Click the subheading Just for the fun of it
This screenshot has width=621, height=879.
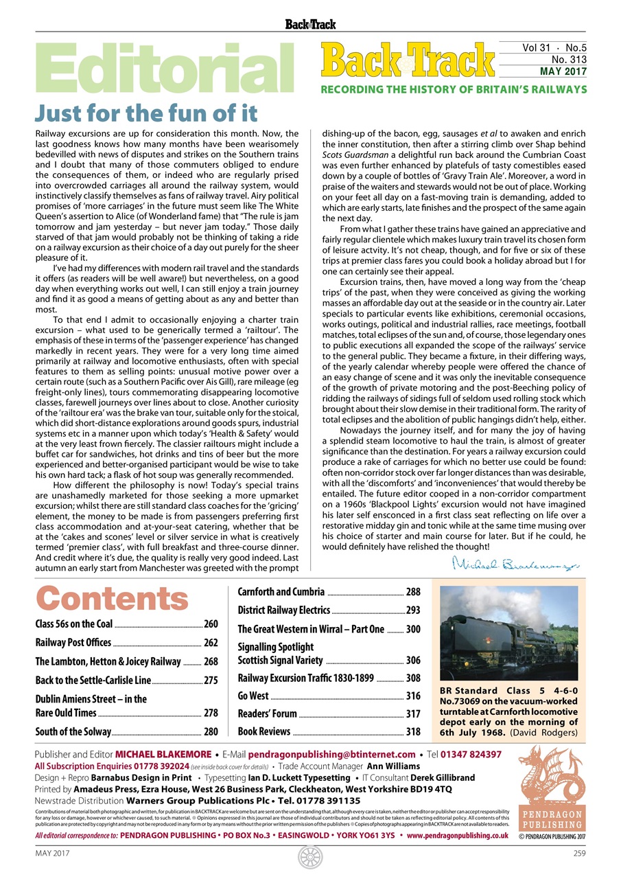145,112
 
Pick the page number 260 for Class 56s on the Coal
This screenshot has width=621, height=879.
211,624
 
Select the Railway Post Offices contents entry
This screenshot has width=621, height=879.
73,643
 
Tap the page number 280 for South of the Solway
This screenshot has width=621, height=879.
211,732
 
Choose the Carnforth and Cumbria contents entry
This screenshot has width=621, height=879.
281,592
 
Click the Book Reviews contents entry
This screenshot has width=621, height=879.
264,732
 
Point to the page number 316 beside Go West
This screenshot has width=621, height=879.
413,696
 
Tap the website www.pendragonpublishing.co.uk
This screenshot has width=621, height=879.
458,836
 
